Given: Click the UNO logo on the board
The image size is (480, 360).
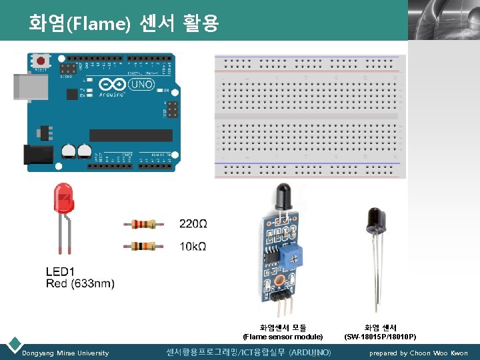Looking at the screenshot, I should (142, 85).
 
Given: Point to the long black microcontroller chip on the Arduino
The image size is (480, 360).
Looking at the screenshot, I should (131, 135).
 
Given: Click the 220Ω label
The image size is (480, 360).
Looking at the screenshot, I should (193, 223).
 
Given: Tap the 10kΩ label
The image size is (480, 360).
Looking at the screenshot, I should (193, 247).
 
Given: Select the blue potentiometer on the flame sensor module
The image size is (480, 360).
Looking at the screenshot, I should (293, 253).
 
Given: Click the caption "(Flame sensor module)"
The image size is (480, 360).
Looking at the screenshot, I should (283, 337).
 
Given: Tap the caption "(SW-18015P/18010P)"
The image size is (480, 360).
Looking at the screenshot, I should (380, 337).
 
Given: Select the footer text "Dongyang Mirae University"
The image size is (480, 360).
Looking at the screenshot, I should (65, 353).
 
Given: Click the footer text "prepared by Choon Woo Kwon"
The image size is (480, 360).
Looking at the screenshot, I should (419, 353).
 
